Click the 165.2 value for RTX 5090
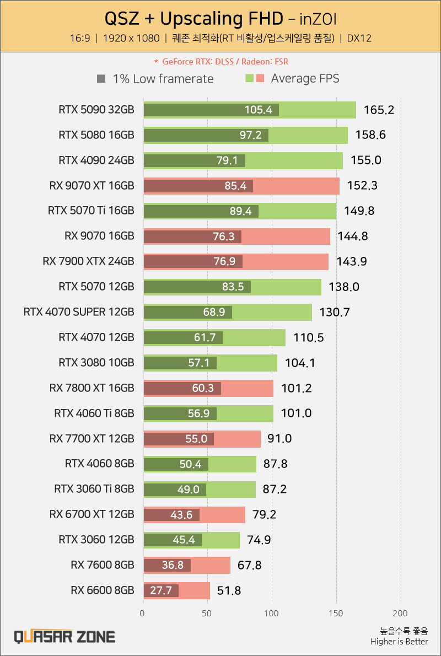pos(379,110)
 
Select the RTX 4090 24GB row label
pos(96,160)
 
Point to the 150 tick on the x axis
pos(336,613)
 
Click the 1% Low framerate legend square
pos(101,79)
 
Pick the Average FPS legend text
pos(305,78)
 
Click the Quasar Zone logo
pos(64,637)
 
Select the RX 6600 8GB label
pos(103,590)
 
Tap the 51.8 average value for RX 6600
pos(229,591)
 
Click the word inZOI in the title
pos(319,20)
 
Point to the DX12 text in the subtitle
pos(359,39)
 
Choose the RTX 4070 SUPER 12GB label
pos(79,312)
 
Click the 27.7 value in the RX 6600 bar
pos(161,591)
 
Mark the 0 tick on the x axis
pos(143,613)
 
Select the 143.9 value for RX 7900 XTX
pos(352,262)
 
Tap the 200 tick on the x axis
pos(401,613)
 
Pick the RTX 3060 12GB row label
pos(96,540)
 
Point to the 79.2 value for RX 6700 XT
pos(265,515)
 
